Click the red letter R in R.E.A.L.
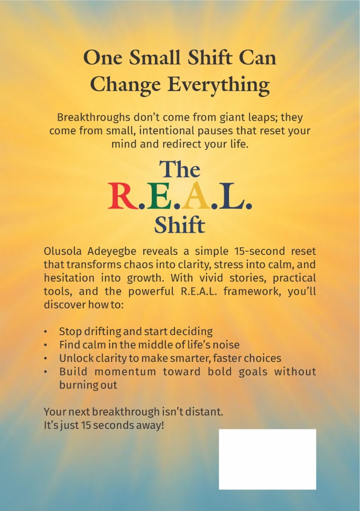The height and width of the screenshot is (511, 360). (x=122, y=196)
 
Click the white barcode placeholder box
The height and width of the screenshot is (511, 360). (x=267, y=459)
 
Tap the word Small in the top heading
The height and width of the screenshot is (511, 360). (x=154, y=58)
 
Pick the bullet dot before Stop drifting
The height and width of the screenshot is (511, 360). (x=46, y=332)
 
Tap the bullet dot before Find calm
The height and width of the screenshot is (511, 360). (x=46, y=345)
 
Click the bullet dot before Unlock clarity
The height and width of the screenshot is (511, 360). (x=46, y=358)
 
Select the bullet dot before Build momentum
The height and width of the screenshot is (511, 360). (x=46, y=372)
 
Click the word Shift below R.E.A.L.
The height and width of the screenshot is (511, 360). (x=180, y=225)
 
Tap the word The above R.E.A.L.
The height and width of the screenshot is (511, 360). (x=180, y=169)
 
